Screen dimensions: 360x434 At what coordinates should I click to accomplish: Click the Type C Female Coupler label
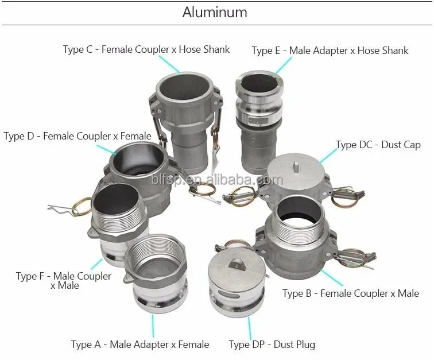(146, 49)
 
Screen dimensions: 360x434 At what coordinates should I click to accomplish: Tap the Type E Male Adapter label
(330, 51)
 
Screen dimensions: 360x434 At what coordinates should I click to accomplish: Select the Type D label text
(77, 136)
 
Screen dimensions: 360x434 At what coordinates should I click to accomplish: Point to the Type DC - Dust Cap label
(378, 145)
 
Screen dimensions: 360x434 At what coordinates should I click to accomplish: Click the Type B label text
(350, 293)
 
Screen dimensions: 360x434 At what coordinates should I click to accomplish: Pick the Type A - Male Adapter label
(139, 344)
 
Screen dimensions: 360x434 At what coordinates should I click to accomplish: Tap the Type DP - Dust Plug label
(272, 344)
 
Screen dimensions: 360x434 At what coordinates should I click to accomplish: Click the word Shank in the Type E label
(394, 51)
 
